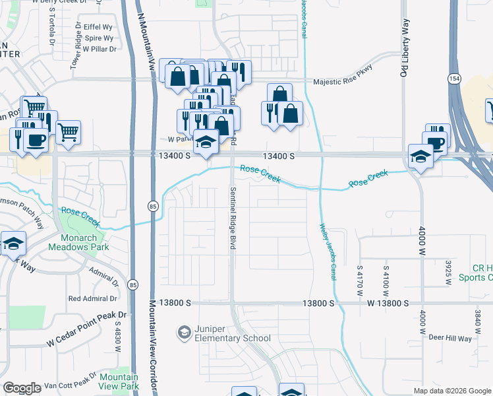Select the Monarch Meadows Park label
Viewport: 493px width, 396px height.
point(74,243)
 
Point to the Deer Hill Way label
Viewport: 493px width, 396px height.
point(450,339)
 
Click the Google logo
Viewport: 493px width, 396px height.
point(22,388)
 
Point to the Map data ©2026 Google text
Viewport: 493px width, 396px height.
point(452,391)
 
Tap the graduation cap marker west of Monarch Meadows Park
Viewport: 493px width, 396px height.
point(13,244)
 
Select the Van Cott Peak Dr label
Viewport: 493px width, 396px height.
point(74,383)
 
